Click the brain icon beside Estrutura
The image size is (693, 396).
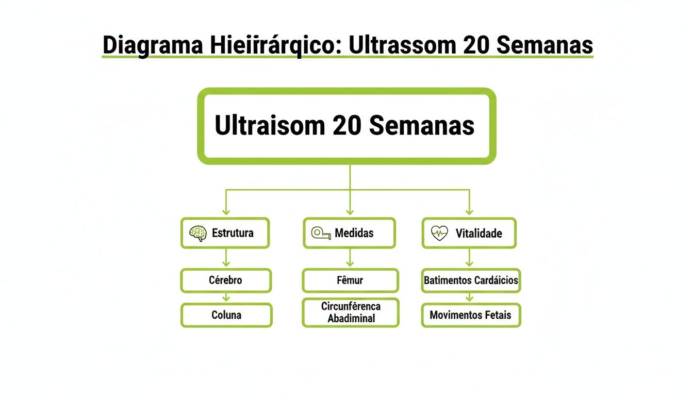[x=198, y=234]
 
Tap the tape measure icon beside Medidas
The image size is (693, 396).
[x=321, y=234]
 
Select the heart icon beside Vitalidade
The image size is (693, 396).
[x=439, y=234]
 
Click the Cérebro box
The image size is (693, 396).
[x=226, y=280]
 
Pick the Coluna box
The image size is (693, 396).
[x=226, y=315]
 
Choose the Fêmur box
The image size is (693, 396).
[x=350, y=280]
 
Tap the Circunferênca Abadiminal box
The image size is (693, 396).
[x=351, y=312]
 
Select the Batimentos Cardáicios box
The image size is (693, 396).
[x=471, y=280]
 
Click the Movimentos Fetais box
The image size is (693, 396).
[x=471, y=315]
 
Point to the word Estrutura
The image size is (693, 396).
[x=233, y=233]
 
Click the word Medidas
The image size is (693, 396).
[x=354, y=233]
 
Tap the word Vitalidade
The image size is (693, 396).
[x=478, y=234]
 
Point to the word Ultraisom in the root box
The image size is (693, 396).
[x=269, y=125]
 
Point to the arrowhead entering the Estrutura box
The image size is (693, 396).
[x=226, y=211]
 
